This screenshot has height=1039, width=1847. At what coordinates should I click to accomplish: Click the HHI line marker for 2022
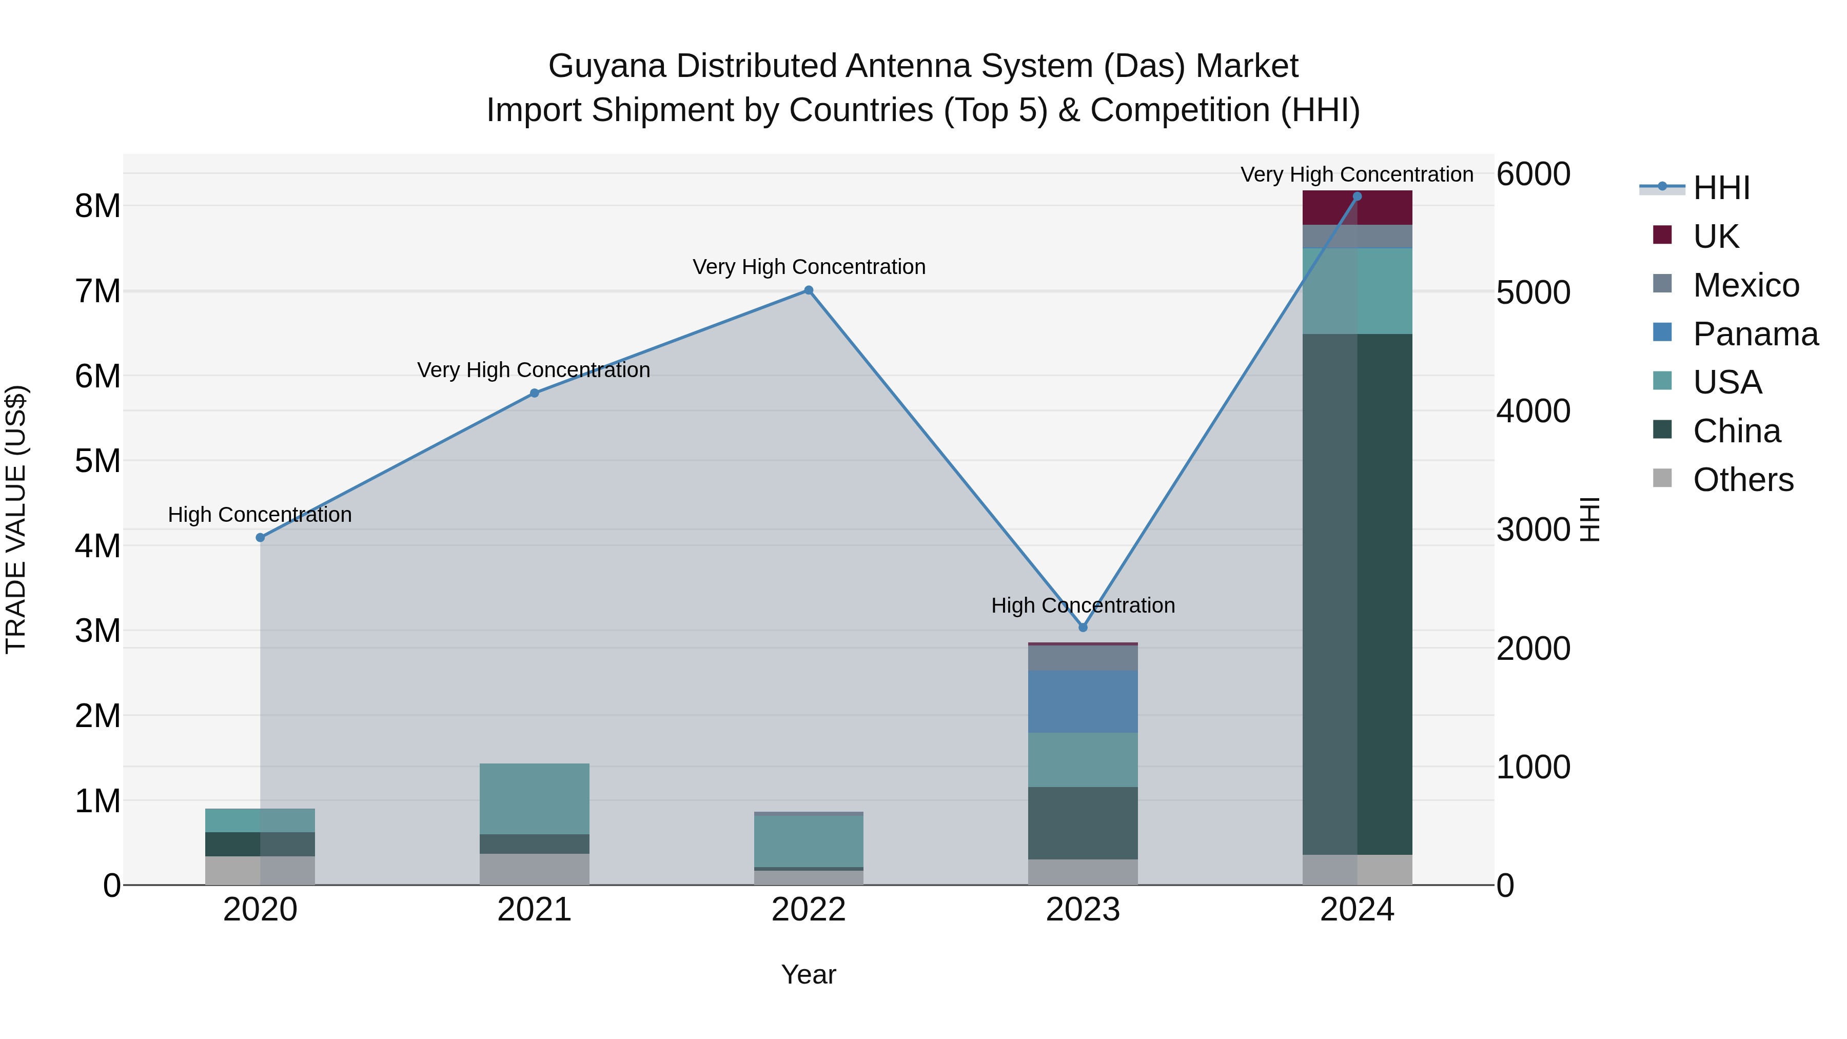click(x=808, y=290)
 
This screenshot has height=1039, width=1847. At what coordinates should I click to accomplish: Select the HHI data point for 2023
click(x=1083, y=628)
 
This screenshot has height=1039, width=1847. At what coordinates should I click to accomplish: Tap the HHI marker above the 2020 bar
click(x=260, y=538)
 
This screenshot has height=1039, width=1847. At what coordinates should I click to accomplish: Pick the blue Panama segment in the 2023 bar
click(x=1083, y=701)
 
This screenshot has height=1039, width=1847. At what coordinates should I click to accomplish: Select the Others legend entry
click(x=1742, y=480)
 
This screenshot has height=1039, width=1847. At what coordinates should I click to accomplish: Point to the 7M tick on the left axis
click(x=97, y=291)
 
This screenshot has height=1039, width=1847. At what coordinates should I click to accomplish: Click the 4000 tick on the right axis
click(x=1533, y=411)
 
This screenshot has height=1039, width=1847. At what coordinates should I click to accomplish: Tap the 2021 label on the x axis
click(x=534, y=910)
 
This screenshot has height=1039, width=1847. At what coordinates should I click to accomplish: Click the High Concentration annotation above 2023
click(x=1083, y=605)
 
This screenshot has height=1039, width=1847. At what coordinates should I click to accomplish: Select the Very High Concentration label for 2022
click(x=808, y=267)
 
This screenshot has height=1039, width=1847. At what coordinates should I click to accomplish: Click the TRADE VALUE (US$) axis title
click(x=16, y=519)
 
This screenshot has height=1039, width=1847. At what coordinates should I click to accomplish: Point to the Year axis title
click(x=808, y=974)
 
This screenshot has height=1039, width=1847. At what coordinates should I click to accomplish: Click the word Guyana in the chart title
click(x=606, y=66)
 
